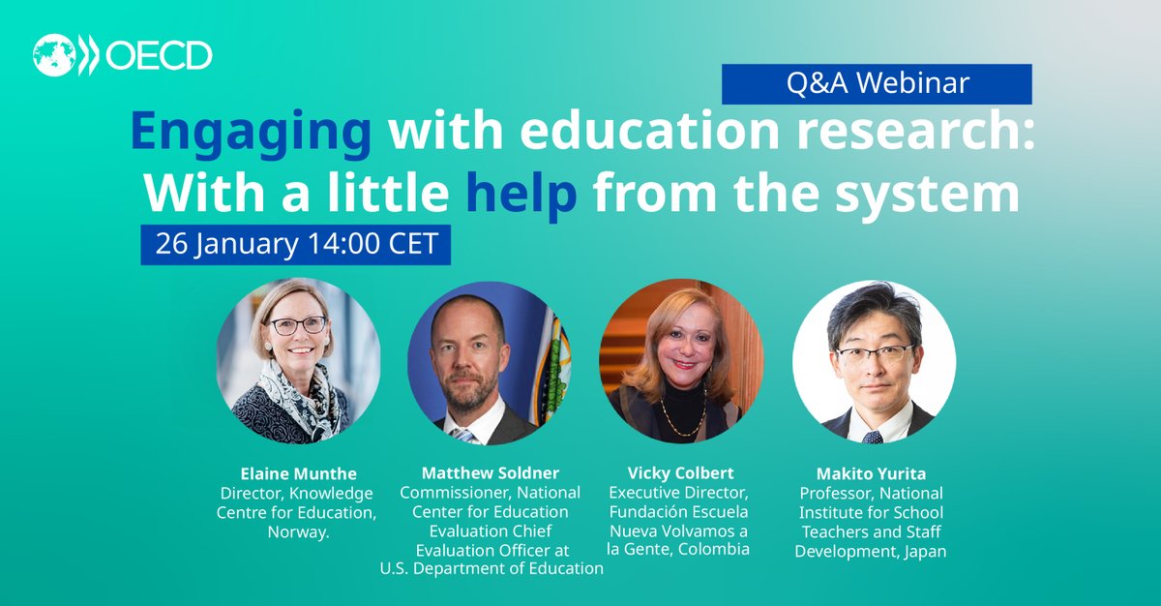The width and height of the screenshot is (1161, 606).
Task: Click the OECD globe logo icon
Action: point(55,56)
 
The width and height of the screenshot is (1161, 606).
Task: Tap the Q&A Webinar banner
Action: point(877,84)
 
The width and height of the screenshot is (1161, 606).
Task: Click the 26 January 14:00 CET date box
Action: point(296,244)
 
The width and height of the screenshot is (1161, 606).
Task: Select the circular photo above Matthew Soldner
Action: point(488,362)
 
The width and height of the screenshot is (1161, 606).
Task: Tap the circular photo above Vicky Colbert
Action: point(680,362)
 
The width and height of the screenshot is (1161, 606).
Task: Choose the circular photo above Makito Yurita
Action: point(874,362)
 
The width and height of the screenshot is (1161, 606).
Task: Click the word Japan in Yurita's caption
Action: point(925,550)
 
